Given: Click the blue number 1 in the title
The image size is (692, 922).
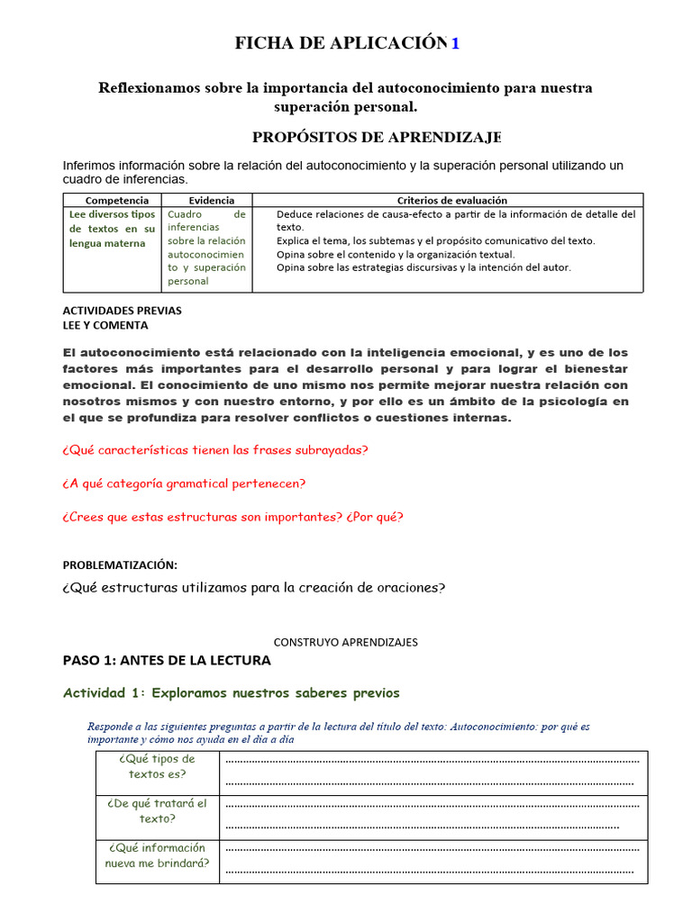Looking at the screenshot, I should tap(455, 43).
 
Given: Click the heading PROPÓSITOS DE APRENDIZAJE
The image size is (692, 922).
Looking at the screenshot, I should tap(376, 137).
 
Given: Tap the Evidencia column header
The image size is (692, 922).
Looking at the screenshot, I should tap(211, 200).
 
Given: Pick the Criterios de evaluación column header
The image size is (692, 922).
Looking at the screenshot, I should tap(451, 200).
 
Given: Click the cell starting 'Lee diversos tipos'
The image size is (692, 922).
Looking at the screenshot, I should tap(112, 229).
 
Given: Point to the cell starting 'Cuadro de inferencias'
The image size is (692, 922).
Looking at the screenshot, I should tap(206, 248).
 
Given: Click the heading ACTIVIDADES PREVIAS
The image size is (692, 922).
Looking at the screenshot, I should tap(122, 310).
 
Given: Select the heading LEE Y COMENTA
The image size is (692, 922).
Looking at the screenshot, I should tap(105, 325).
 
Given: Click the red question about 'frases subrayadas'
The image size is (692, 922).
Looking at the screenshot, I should tap(215, 450).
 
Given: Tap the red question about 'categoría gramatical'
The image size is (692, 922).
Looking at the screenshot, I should tap(184, 484).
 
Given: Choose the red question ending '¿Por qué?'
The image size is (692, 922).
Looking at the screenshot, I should tap(233, 517).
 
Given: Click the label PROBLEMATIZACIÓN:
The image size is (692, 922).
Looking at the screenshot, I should tap(120, 565).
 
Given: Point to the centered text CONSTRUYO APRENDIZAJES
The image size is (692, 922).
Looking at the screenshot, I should tap(345, 642).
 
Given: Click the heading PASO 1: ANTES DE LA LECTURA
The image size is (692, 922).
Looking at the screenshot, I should tap(167, 660).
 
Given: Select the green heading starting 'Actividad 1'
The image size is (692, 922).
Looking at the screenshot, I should tap(232, 692).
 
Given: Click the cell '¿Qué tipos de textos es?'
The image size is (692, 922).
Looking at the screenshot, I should tap(158, 766).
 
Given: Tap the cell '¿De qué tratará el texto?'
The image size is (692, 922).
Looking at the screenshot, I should tap(158, 811).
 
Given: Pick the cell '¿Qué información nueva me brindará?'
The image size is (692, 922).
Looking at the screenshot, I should tap(158, 855).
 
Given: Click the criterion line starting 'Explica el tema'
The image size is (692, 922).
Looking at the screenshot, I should tap(435, 240).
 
